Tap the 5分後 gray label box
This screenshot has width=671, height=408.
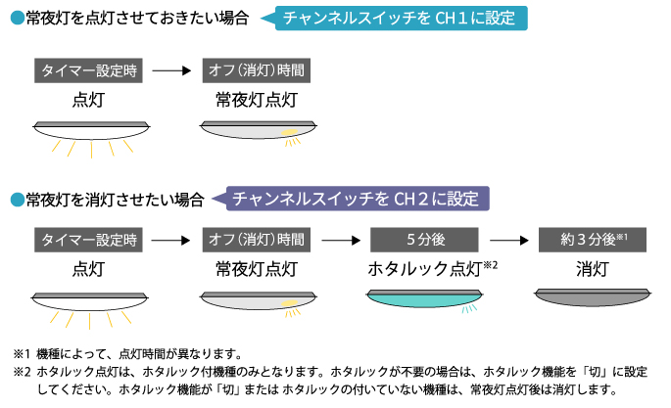point(424,240)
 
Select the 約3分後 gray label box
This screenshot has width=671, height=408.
point(593,240)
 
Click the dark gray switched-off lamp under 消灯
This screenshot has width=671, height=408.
point(593,295)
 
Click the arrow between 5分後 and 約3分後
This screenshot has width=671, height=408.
point(507,240)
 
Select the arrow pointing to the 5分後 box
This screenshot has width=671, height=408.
point(340,240)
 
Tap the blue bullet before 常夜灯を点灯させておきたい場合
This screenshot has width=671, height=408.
point(16,19)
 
